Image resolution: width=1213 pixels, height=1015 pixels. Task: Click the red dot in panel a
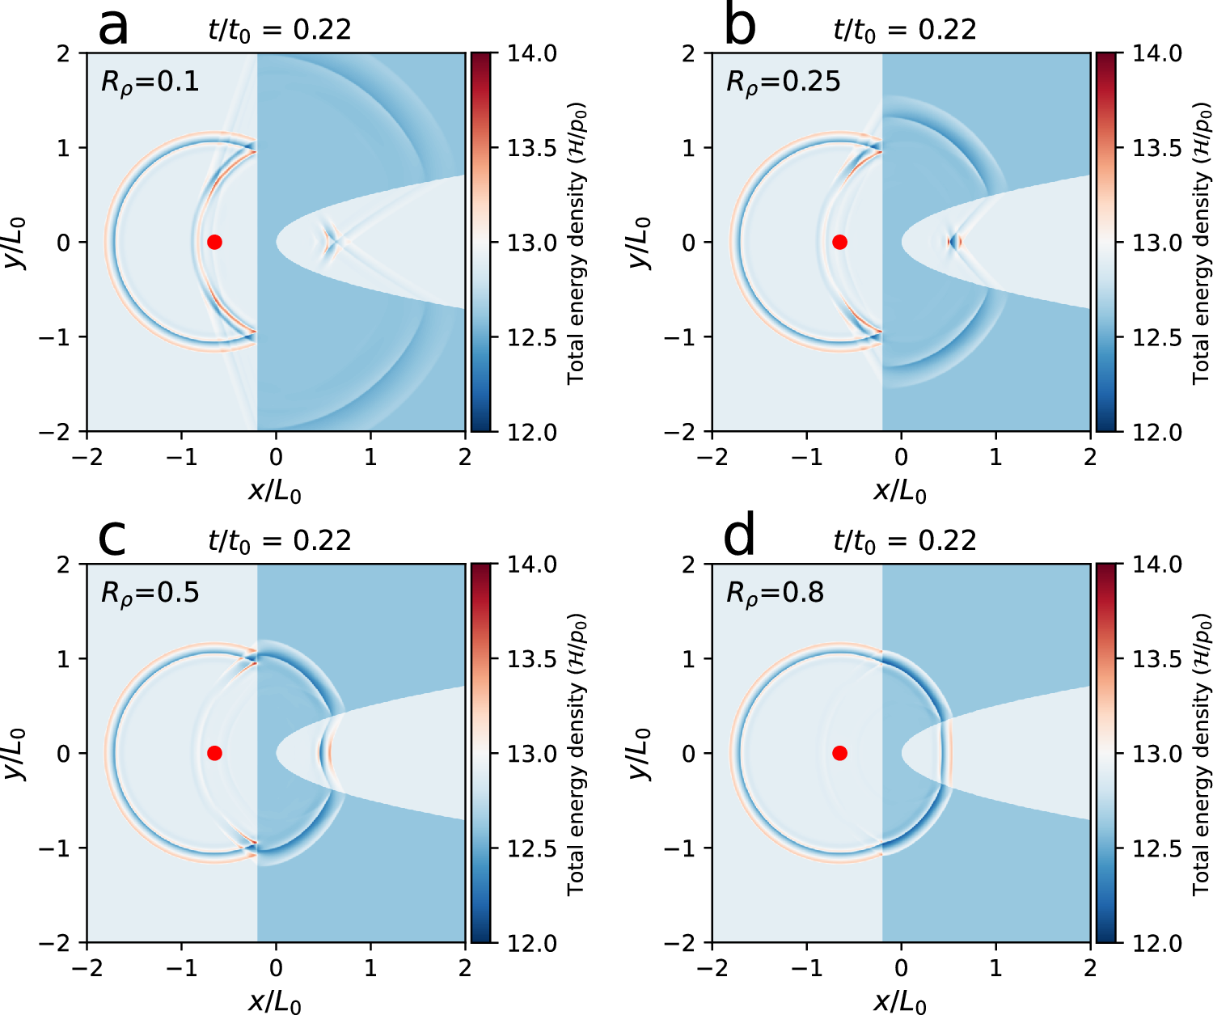214,242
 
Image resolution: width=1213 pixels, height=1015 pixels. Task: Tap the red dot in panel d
839,753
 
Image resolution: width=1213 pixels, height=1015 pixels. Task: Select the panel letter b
740,26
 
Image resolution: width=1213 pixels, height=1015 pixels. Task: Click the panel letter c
112,537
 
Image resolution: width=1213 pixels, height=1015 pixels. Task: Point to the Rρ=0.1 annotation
150,82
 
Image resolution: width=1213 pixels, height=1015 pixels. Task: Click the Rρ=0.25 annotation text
783,82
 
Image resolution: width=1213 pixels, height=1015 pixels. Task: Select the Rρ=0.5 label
150,594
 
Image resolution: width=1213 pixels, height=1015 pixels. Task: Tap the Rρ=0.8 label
775,594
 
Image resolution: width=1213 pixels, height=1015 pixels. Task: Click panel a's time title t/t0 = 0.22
280,31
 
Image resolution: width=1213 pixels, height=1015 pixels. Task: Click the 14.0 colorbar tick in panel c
531,565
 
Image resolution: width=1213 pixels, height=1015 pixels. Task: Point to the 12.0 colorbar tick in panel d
1156,943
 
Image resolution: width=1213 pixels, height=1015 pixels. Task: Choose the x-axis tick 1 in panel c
370,968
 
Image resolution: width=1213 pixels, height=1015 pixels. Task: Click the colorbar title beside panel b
1202,243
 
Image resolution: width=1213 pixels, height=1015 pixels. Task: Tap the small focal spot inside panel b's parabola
955,241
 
